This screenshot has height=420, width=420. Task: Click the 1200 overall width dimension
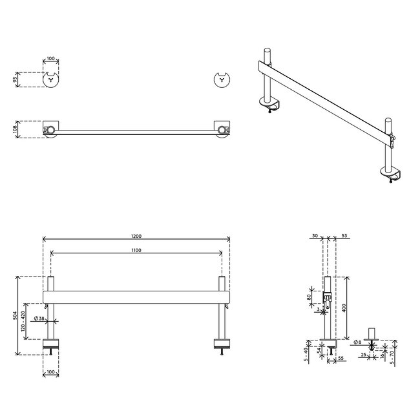point(136,236)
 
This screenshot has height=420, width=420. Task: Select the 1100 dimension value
point(136,250)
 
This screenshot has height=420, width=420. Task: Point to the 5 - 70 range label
point(394,355)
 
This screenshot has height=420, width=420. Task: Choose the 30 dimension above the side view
point(314,236)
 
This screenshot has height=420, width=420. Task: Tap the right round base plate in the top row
point(222,80)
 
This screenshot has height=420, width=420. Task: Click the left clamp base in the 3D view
point(269,102)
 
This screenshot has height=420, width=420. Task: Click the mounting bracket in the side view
point(327,299)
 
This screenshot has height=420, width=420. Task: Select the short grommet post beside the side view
point(372,334)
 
